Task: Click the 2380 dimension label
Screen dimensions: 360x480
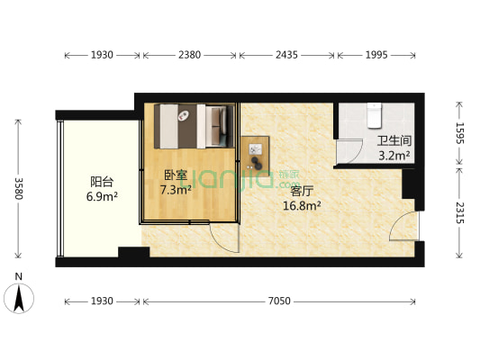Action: (188, 55)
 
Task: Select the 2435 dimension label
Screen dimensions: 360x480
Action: (287, 55)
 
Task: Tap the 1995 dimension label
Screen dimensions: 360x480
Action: (376, 55)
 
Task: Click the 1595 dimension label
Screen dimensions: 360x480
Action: (458, 133)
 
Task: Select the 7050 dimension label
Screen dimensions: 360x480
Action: (279, 301)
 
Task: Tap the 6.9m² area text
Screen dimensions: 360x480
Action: (101, 194)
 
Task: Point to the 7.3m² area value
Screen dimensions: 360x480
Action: (176, 190)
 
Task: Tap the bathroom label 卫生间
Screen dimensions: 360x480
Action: (394, 141)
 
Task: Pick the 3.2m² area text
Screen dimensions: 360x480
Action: (394, 155)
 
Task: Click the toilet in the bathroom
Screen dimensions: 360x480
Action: (376, 114)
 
